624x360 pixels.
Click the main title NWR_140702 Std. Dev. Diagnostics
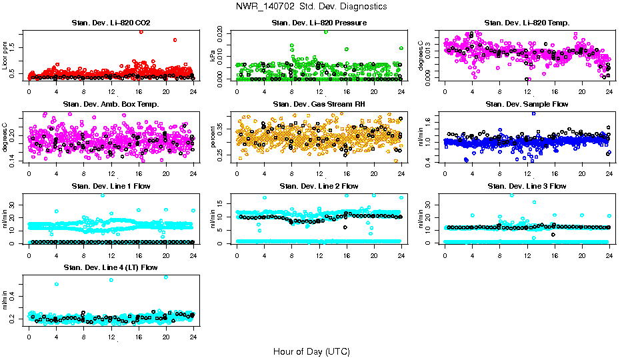[x=311, y=6]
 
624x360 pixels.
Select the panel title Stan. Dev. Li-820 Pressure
[x=319, y=23]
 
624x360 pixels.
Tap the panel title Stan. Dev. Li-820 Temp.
[x=527, y=23]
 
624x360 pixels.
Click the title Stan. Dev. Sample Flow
[x=527, y=104]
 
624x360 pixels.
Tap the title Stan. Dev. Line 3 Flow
[x=527, y=186]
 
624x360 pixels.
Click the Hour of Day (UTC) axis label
[x=311, y=351]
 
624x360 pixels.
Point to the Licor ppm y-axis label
[x=5, y=55]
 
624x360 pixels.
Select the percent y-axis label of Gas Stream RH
[x=213, y=137]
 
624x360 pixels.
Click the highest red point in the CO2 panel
[x=141, y=32]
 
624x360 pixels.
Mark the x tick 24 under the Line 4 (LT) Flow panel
[x=193, y=337]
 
